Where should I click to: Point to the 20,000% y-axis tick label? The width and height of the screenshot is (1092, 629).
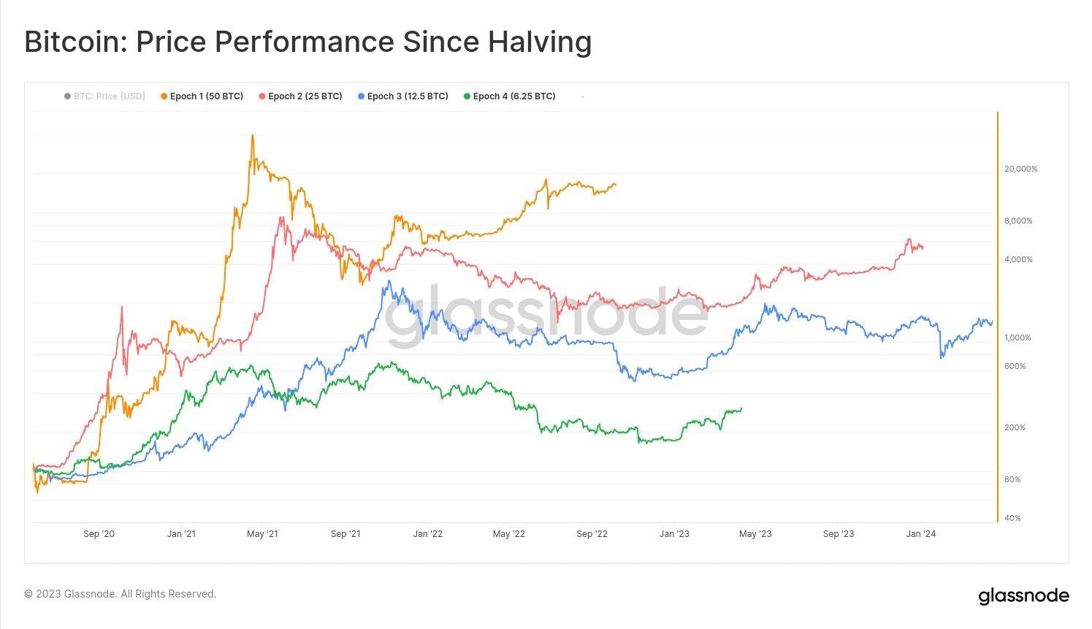(1020, 169)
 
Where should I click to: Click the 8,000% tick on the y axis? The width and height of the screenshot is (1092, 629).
(1018, 221)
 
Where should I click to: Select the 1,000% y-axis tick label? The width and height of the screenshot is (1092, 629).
(1018, 338)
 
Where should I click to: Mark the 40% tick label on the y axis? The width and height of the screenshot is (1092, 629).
(1012, 518)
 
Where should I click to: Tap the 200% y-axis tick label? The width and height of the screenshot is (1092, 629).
(1015, 427)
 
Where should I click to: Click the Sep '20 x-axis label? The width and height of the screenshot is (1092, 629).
(99, 534)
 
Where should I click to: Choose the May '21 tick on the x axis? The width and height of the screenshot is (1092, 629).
(262, 534)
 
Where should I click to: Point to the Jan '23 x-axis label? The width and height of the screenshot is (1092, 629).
(674, 534)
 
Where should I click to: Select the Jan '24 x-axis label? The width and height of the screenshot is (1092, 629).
(920, 534)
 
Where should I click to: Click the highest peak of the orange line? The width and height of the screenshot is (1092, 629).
(253, 136)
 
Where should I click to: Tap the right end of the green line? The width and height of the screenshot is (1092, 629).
(741, 408)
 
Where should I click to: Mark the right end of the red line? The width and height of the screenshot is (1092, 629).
(923, 248)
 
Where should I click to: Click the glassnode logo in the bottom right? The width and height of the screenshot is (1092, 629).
(1023, 596)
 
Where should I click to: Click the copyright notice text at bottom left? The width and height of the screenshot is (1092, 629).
(121, 594)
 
